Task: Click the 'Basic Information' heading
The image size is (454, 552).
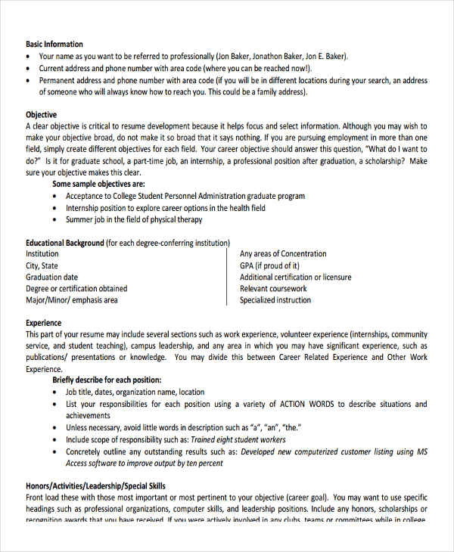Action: (54, 45)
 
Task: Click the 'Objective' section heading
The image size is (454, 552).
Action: (42, 115)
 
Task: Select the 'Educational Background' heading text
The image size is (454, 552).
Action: (65, 243)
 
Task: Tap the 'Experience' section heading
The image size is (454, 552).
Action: (44, 323)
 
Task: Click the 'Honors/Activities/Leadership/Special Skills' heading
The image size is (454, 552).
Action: (96, 486)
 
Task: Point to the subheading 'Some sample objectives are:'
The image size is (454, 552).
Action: (98, 185)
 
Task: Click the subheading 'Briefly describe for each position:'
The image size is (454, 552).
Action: (107, 380)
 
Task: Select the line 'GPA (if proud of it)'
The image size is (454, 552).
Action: (269, 266)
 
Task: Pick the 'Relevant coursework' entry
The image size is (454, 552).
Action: (273, 289)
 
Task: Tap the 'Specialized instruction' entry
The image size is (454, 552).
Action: (275, 300)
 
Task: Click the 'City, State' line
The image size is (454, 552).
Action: (42, 266)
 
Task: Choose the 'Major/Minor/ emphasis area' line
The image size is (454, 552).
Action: (72, 300)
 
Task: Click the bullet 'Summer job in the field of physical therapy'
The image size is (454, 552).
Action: (134, 220)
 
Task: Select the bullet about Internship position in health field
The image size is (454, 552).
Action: (165, 208)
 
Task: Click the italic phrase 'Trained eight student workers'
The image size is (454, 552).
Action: (238, 439)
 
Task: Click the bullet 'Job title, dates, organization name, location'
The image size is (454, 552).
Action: (135, 392)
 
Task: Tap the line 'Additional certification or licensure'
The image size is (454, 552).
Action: (295, 278)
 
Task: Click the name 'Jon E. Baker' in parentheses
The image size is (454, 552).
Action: (325, 57)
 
